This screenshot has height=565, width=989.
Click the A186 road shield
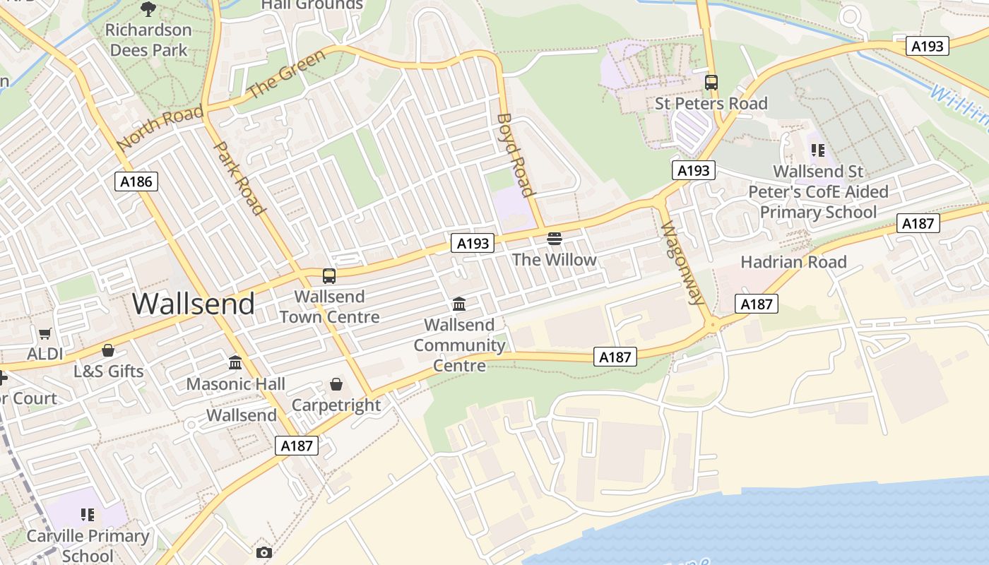coord(136,182)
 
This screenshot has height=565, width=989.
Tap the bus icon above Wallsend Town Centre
coord(329,276)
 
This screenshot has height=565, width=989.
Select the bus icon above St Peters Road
coord(711,83)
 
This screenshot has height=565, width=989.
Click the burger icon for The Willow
coord(555,239)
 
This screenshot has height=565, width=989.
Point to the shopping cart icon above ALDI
coord(45,333)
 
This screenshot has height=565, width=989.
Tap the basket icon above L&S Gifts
coord(108,350)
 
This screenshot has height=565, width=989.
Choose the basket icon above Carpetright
coord(336,384)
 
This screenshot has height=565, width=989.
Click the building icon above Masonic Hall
coord(235,363)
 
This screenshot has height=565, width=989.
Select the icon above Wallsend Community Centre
coord(459,304)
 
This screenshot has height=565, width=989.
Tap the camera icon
coord(264,552)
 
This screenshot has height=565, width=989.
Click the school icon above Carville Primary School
coord(88,515)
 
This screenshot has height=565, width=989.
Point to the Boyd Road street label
coord(515,155)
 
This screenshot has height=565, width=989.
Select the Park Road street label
coord(239,177)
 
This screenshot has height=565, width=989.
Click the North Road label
coord(160,127)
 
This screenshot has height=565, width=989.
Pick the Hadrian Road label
coord(793,262)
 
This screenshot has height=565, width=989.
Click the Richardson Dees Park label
coord(148,40)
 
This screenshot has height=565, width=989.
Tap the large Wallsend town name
coord(194,304)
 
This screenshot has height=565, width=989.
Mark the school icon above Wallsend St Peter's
coord(818,150)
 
